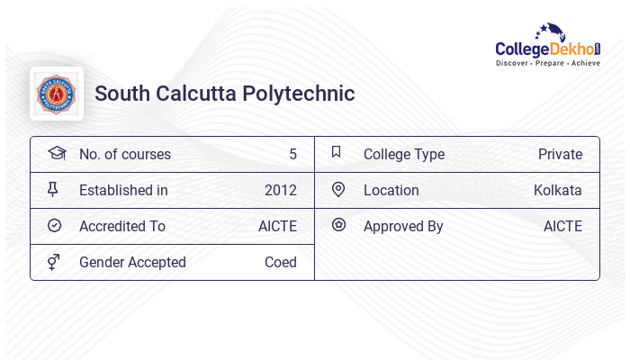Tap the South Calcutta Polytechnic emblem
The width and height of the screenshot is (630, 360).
[57, 94]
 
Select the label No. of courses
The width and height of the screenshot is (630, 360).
[125, 154]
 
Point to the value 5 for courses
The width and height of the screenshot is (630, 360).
[292, 154]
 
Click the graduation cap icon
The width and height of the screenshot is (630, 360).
[56, 153]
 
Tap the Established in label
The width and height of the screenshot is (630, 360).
[123, 190]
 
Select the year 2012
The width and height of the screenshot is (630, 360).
[281, 190]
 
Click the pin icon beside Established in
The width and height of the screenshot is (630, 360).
[53, 189]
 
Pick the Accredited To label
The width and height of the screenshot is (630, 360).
[122, 226]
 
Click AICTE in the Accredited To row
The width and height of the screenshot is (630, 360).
[277, 226]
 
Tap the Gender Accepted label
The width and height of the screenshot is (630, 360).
[132, 262]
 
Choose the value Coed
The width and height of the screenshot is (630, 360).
[281, 262]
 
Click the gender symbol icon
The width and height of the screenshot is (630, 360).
[54, 262]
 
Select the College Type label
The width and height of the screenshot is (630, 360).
[404, 154]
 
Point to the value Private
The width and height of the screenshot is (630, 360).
[560, 154]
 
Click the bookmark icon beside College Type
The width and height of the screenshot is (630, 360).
[337, 152]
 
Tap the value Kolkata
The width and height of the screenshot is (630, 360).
[558, 190]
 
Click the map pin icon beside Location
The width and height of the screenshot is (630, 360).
[338, 189]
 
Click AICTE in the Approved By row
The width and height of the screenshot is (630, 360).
[562, 226]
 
